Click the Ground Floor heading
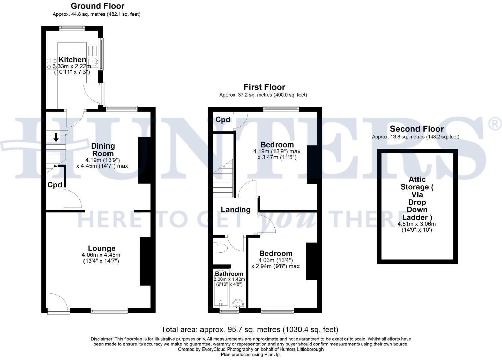[97, 6]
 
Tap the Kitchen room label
[72, 60]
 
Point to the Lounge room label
[101, 248]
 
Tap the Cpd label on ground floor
[54, 185]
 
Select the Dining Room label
[103, 150]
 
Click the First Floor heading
[264, 87]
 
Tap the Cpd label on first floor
[223, 120]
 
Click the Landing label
[236, 210]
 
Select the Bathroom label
[229, 274]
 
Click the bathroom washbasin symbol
[238, 303]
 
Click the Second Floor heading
[416, 129]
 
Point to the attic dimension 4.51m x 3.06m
[416, 224]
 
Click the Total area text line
[249, 329]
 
